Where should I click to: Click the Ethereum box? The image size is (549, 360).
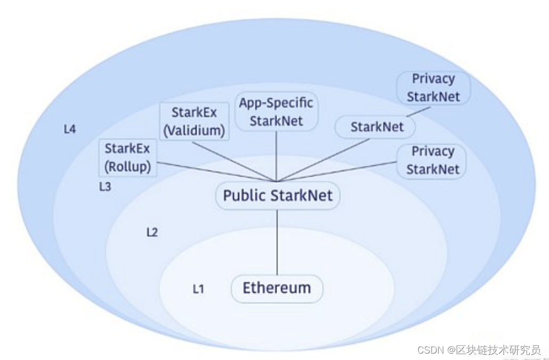277,289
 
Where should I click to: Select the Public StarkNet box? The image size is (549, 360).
278,195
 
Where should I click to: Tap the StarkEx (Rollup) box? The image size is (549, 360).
128,158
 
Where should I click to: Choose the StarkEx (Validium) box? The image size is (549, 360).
195,121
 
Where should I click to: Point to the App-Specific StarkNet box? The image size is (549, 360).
276,111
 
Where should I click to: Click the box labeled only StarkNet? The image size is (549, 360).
376,127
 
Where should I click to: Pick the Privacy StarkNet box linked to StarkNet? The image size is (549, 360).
433,88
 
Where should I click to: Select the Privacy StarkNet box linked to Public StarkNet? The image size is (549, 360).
432,160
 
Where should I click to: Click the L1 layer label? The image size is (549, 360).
198,289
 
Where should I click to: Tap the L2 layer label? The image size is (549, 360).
152,232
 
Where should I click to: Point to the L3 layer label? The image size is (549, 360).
105,187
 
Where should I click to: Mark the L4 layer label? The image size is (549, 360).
69,129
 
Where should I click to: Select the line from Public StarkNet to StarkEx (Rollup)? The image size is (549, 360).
213,171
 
